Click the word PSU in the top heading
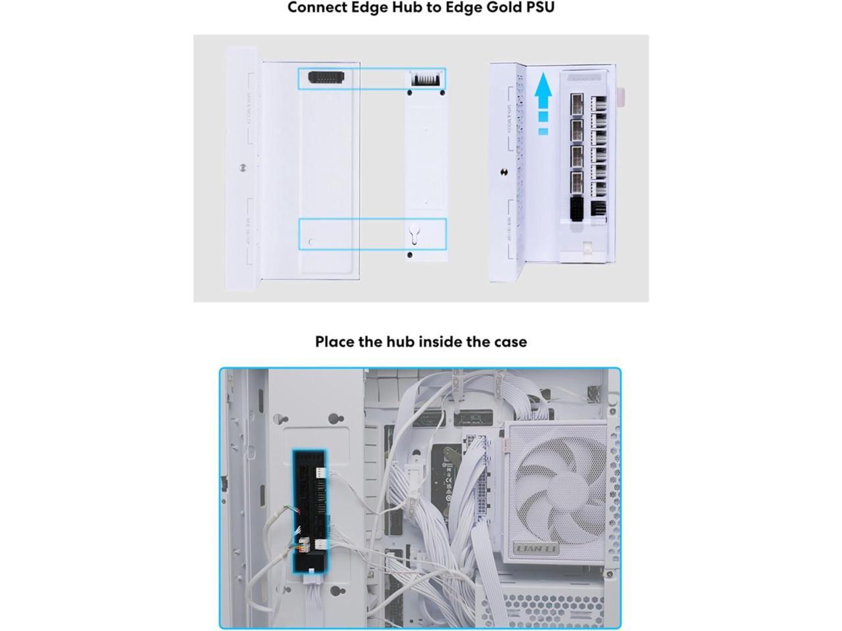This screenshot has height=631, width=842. point(539,8)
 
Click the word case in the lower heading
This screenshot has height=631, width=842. point(510,342)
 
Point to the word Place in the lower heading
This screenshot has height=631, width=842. point(335,342)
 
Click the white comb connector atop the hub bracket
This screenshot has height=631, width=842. point(426,79)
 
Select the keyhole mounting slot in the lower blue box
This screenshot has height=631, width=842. point(413,234)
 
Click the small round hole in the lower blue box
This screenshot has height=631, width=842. point(312,242)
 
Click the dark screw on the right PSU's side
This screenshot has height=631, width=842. point(504,172)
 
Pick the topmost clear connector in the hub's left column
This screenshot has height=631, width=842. point(576,103)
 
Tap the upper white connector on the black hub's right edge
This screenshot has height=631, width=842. point(320,473)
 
